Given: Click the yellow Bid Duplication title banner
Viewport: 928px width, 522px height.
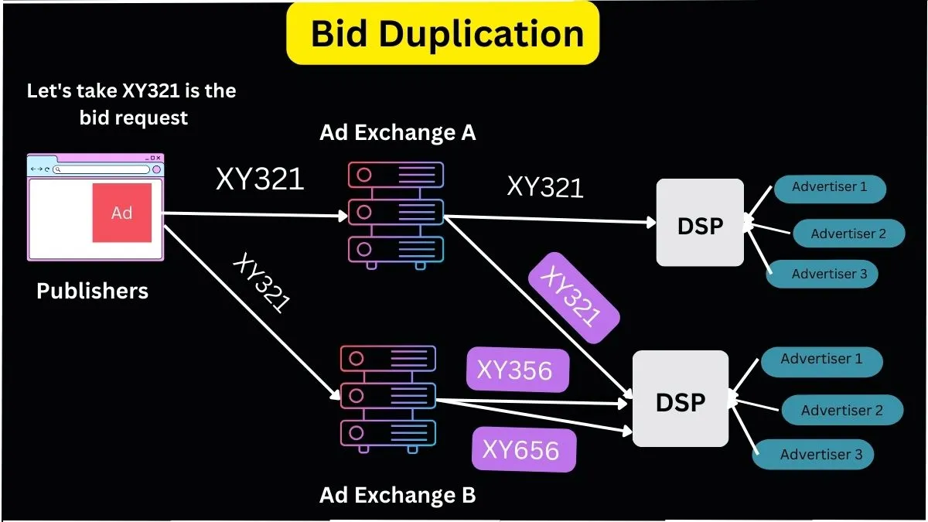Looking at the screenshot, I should (x=443, y=34).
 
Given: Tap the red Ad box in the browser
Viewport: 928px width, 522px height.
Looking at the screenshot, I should (x=122, y=213).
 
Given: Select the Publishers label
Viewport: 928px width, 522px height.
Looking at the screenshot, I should (x=92, y=291).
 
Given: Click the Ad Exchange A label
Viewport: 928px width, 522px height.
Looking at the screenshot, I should (x=397, y=133).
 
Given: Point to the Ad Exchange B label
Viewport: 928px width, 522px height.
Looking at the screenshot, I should (x=397, y=495).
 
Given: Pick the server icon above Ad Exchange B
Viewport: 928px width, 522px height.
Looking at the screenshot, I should (x=388, y=397).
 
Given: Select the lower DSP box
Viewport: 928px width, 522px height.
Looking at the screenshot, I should (x=681, y=399).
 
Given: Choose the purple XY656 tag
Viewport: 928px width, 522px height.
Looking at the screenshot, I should (x=524, y=449).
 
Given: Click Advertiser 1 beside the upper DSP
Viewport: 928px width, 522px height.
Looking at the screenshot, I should (x=829, y=187).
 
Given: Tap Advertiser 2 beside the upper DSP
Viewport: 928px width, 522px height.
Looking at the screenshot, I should (x=848, y=234).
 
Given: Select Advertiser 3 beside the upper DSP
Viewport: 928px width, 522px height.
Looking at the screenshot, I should (x=829, y=274).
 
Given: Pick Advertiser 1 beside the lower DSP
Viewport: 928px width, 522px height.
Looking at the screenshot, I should (x=821, y=360).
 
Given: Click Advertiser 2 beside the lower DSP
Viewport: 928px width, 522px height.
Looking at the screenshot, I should (x=841, y=411).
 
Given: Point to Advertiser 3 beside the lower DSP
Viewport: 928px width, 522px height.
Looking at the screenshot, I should (x=821, y=454).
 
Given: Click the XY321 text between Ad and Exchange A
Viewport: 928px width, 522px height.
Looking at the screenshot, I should (x=260, y=179).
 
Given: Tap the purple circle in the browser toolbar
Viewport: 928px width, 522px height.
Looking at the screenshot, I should (x=156, y=169).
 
